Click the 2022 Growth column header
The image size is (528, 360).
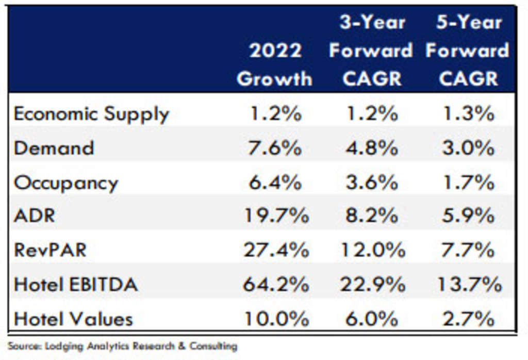tap(274, 64)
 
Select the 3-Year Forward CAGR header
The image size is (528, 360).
tap(371, 51)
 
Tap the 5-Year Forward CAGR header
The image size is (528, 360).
tap(467, 51)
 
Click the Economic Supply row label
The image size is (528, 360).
tap(91, 114)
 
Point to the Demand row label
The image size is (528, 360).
tap(54, 148)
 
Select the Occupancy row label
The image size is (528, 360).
tap(66, 183)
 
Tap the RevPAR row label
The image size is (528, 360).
tap(51, 250)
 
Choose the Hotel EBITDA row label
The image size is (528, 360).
tap(76, 284)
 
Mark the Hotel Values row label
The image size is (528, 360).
tap(73, 318)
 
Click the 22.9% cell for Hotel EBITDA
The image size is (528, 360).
tap(371, 284)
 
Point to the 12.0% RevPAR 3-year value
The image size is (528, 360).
tap(371, 250)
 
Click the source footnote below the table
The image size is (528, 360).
tap(123, 346)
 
